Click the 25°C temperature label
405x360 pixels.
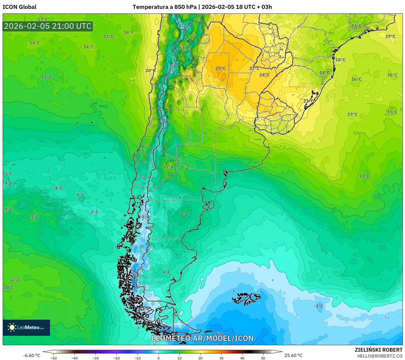click(x=220, y=68)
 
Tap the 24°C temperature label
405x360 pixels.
click(x=264, y=75)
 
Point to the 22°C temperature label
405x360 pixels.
click(x=254, y=68)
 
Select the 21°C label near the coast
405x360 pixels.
click(x=308, y=101)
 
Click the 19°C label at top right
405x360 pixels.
click(x=390, y=36)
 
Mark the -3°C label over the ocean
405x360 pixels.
click(x=318, y=306)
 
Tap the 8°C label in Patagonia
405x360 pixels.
click(x=184, y=214)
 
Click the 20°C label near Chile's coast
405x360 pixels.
click(x=150, y=70)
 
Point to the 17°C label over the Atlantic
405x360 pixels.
click(x=352, y=114)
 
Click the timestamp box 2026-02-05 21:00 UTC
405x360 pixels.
click(x=48, y=26)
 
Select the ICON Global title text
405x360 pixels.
click(x=19, y=7)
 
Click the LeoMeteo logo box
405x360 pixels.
click(x=26, y=327)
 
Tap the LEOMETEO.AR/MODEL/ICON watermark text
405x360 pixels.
click(x=202, y=338)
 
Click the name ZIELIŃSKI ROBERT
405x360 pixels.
click(x=378, y=350)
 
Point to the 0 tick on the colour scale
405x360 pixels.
click(x=158, y=358)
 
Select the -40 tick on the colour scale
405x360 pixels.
click(x=75, y=358)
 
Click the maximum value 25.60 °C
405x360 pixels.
click(x=293, y=355)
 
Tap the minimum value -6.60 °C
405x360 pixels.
click(x=31, y=355)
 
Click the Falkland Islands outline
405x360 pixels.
click(x=246, y=298)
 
